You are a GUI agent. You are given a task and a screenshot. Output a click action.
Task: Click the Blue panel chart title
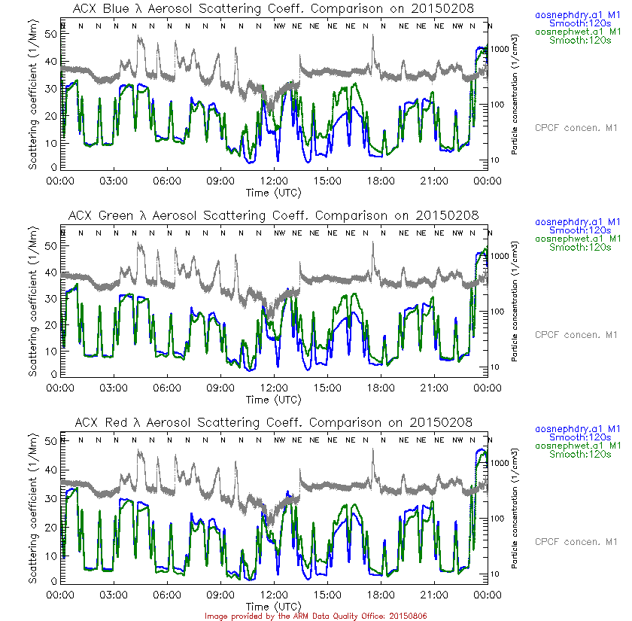[273, 8]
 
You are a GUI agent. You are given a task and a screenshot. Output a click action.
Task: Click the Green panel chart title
[273, 215]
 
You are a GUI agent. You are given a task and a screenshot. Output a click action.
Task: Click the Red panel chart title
[273, 422]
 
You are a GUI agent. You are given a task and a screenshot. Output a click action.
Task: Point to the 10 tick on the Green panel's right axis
[497, 367]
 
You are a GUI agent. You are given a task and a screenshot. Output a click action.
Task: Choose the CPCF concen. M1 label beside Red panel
[576, 541]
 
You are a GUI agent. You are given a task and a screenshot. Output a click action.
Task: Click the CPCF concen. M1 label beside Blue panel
[576, 127]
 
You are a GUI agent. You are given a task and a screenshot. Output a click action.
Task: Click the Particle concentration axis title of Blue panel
[514, 94]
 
